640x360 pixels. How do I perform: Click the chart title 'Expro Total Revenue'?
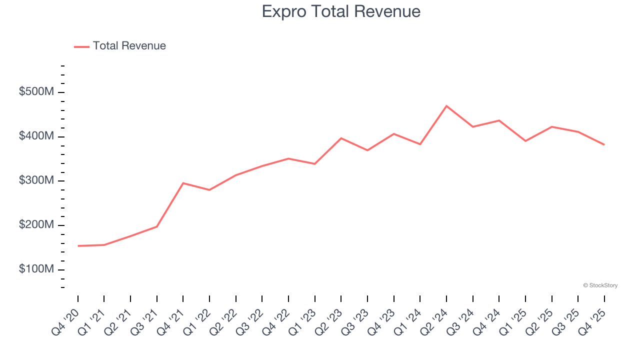[x=341, y=11]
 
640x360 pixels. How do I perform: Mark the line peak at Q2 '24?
[x=446, y=106]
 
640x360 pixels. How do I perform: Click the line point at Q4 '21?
[x=183, y=183]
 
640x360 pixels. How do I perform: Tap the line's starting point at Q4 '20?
[x=78, y=246]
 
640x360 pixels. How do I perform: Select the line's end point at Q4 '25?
[x=604, y=144]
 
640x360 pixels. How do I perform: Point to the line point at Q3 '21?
[x=157, y=226]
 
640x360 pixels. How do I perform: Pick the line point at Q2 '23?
[x=341, y=138]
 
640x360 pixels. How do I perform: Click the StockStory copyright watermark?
[x=600, y=285]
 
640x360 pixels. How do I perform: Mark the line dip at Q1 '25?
[x=525, y=141]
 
